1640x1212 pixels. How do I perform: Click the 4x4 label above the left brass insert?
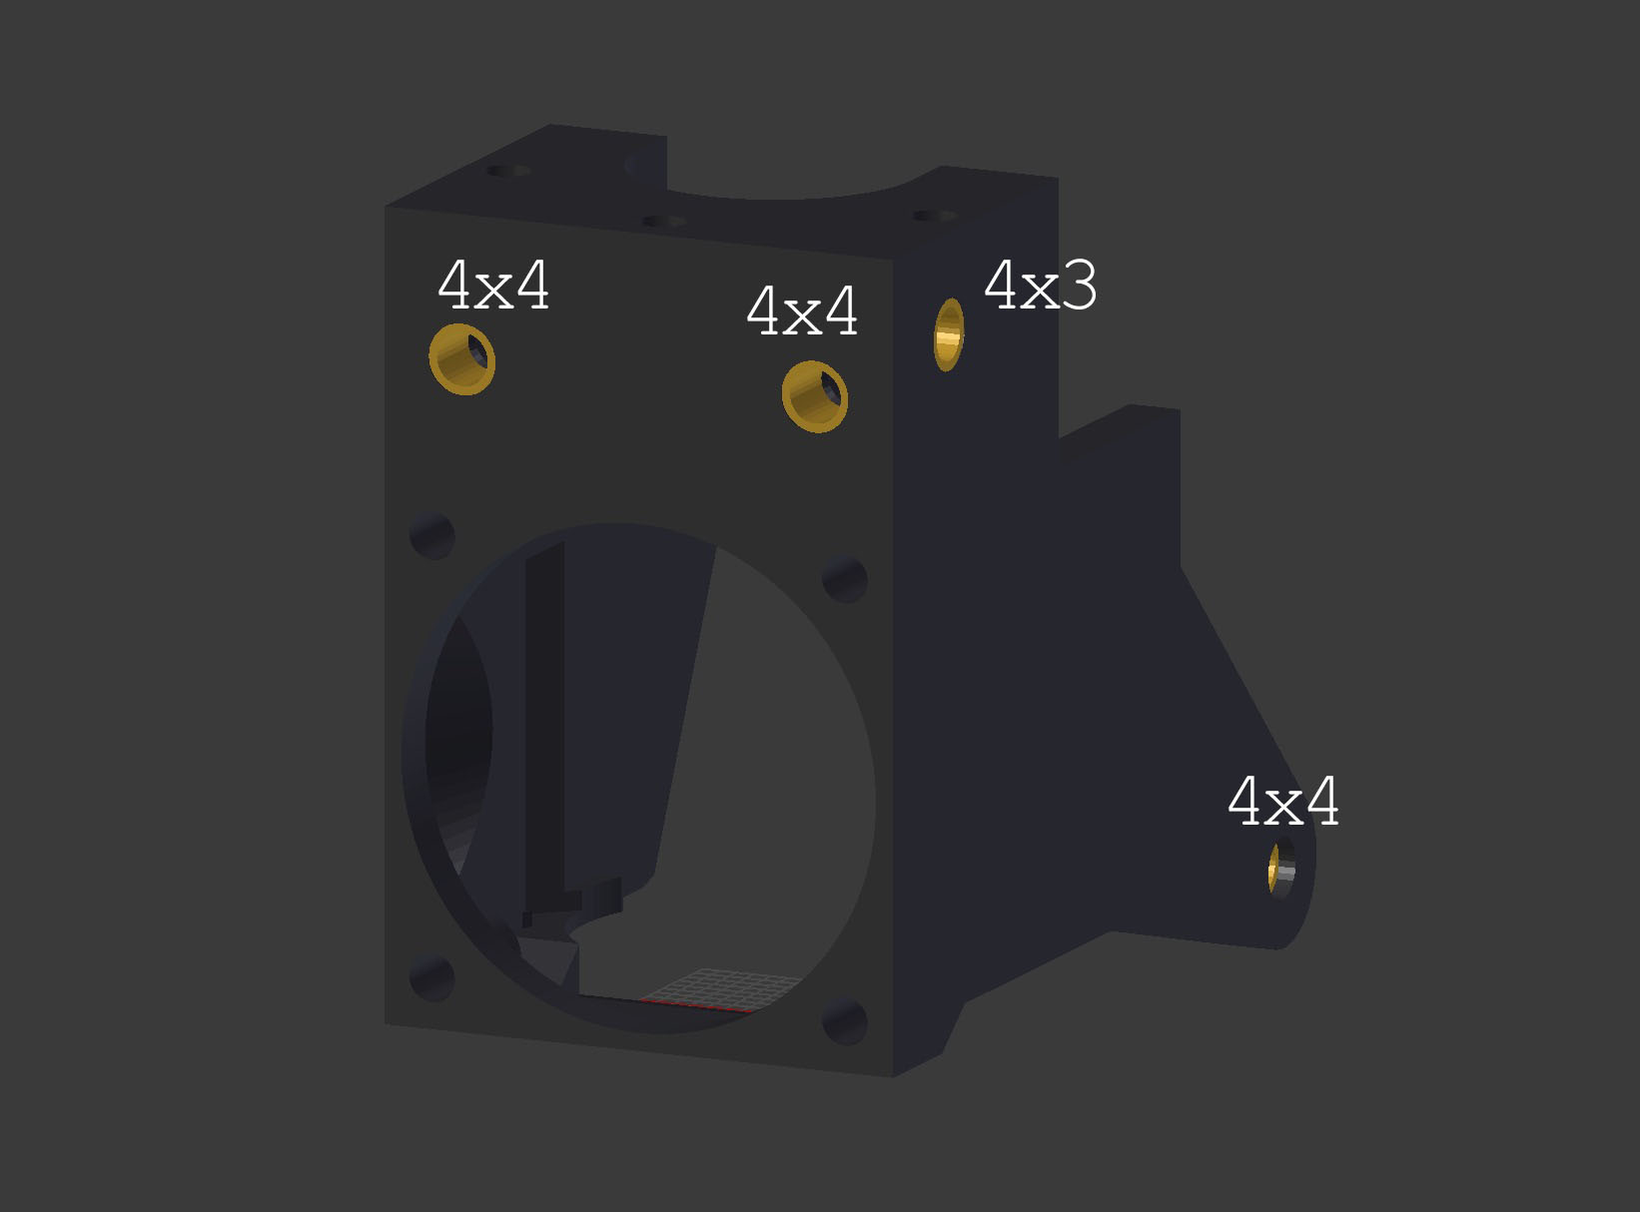click(493, 285)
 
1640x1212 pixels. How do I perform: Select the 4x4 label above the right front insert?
click(802, 311)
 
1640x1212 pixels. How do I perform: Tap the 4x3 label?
click(1041, 286)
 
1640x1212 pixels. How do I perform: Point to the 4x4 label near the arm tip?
click(1282, 801)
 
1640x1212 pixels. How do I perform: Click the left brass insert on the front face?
click(462, 359)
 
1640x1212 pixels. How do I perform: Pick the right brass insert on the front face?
click(815, 397)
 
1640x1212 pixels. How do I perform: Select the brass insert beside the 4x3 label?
click(949, 334)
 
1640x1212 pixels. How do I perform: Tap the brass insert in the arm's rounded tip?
click(1281, 868)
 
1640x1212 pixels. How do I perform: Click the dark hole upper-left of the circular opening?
click(432, 536)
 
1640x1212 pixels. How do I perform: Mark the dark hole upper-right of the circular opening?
click(844, 580)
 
